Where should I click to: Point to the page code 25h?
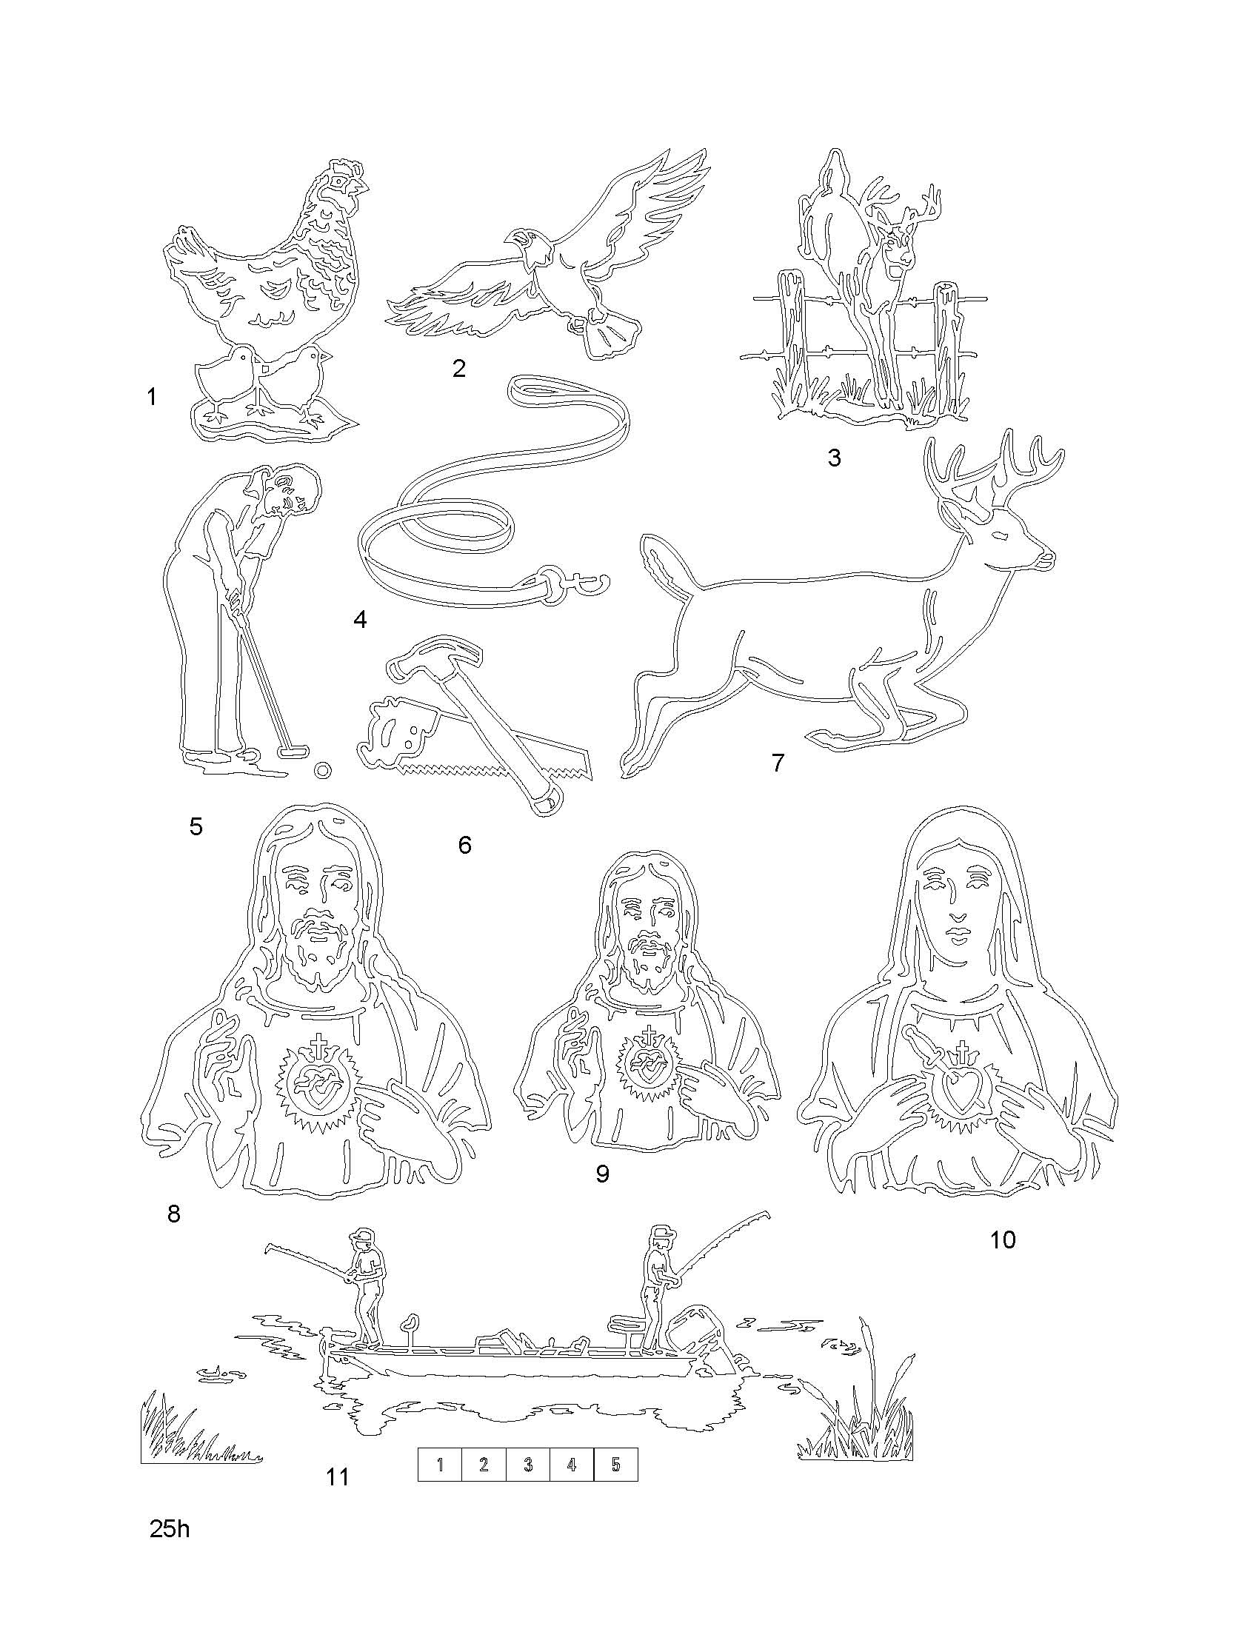click(170, 1530)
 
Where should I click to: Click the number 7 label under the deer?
click(778, 763)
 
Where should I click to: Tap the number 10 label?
click(1003, 1240)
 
